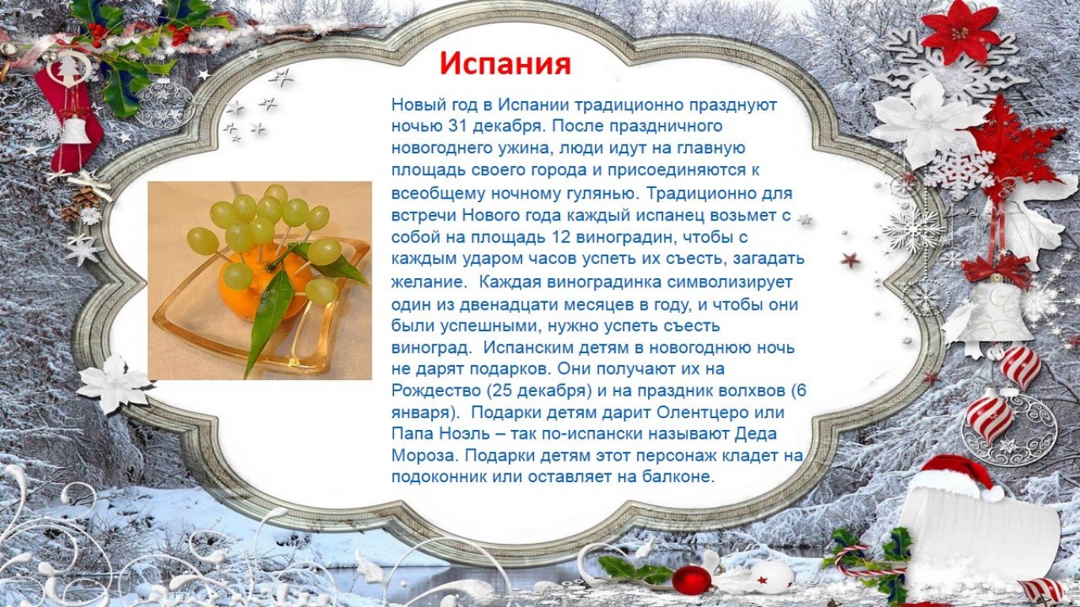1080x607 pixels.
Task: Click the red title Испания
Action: pos(506,64)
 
